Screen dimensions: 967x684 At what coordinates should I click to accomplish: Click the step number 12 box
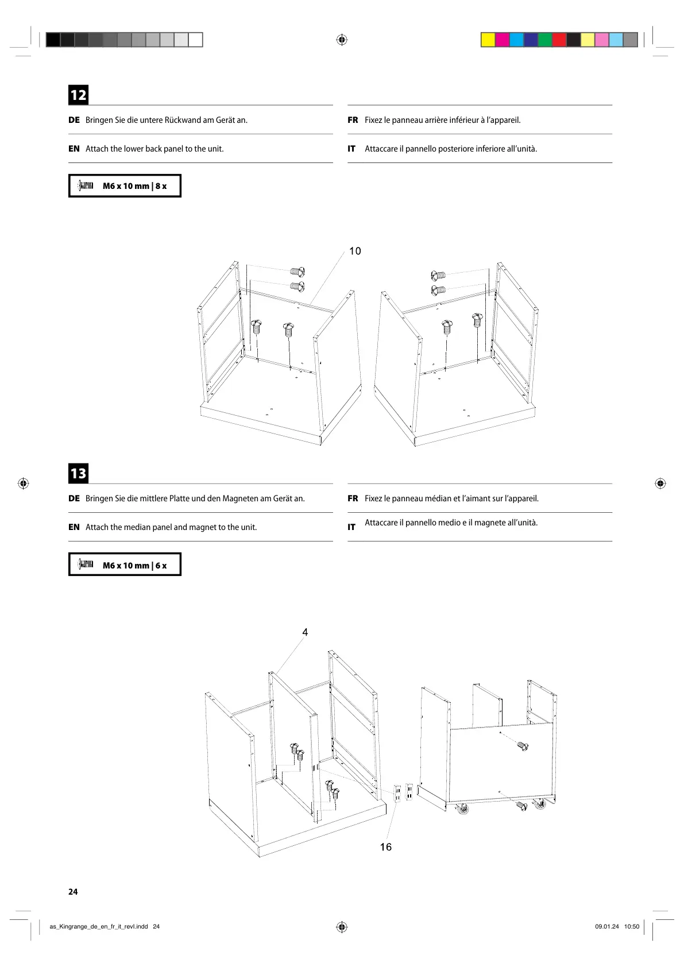[78, 95]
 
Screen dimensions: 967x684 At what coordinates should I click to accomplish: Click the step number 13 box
[78, 473]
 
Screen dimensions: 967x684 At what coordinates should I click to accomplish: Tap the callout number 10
[355, 251]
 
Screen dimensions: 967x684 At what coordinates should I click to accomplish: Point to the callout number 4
[305, 632]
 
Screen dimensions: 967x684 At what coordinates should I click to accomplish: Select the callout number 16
[386, 847]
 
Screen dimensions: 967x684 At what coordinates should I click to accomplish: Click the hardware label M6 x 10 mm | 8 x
[134, 186]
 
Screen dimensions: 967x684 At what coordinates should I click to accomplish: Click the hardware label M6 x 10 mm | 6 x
[134, 565]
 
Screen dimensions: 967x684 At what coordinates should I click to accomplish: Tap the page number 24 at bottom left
[73, 892]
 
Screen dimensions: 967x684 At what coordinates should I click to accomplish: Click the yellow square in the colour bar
[488, 40]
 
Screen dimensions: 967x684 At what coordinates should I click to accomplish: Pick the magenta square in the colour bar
[502, 40]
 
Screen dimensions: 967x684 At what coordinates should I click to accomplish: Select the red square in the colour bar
[559, 40]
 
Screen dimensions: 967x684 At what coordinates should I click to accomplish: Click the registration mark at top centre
[342, 40]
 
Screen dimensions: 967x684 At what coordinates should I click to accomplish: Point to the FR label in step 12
[353, 120]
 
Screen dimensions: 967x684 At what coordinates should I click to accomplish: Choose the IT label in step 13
[351, 527]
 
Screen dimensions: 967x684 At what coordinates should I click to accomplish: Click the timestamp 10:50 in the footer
[632, 926]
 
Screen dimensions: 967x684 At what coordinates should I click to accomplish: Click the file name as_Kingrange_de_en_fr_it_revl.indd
[99, 926]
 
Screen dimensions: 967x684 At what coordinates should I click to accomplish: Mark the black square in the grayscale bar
[53, 40]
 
